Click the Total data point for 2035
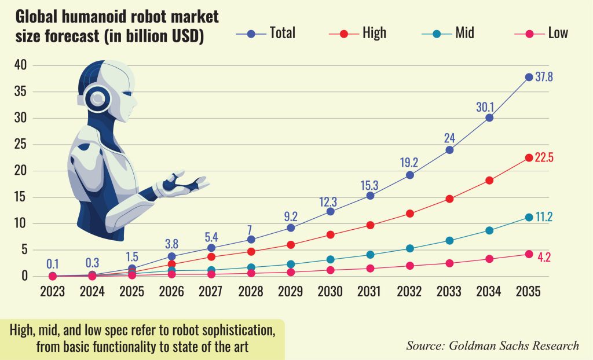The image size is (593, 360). click(x=529, y=77)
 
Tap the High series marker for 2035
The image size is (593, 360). click(x=529, y=157)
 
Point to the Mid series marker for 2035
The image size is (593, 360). click(x=529, y=217)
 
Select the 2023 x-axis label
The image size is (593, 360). click(x=53, y=292)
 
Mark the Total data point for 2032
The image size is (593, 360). click(x=410, y=175)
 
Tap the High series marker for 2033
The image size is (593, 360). click(x=449, y=199)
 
